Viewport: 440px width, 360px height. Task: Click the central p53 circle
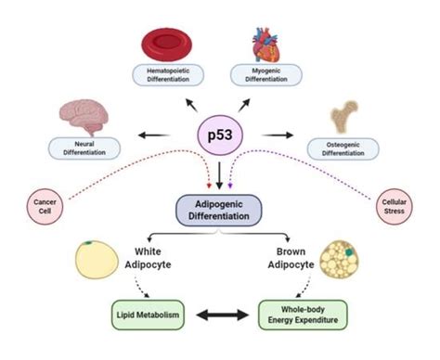coord(220,137)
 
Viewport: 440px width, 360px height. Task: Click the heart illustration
coord(270,43)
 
